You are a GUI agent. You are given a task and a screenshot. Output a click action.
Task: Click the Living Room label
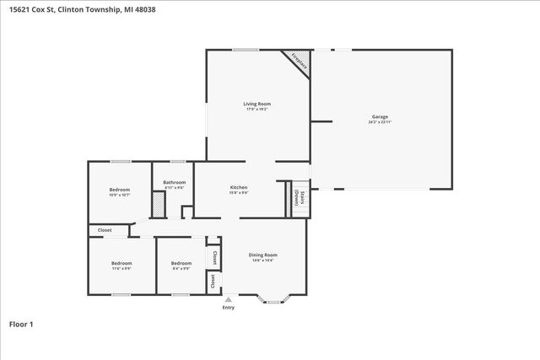(x=257, y=104)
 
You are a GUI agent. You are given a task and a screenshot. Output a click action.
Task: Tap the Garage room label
(x=380, y=116)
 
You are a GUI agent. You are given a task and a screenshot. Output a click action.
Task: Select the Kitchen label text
(x=239, y=186)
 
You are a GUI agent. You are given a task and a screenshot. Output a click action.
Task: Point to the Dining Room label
(x=262, y=255)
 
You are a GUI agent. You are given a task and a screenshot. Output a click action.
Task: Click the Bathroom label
(x=174, y=182)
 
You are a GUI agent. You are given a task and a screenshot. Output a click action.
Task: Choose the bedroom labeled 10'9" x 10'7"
(x=119, y=190)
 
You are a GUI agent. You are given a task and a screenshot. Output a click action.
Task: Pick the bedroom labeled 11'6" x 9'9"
(x=121, y=263)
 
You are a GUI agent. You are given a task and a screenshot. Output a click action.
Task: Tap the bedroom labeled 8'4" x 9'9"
(x=181, y=263)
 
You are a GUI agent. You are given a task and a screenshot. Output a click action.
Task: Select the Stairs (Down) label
(x=297, y=196)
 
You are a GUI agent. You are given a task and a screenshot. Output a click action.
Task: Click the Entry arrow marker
(x=228, y=299)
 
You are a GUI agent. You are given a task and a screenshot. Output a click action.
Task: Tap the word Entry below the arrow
(x=228, y=308)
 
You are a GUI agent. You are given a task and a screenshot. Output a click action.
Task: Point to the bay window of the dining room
(x=275, y=297)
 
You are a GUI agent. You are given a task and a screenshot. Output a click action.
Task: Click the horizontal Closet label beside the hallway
(x=105, y=229)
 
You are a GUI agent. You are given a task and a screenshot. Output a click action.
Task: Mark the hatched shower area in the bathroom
(x=158, y=205)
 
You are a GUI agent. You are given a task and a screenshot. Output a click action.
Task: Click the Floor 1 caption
(x=21, y=323)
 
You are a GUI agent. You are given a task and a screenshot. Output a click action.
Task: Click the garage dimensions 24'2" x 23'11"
(x=380, y=122)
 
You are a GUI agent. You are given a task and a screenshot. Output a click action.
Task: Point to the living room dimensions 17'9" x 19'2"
(x=257, y=110)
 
